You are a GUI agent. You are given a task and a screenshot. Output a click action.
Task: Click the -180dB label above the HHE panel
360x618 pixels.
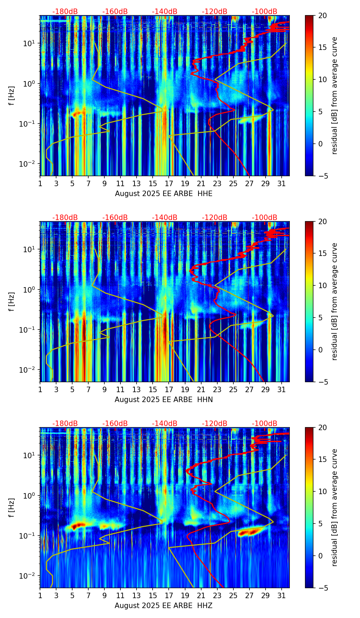pyautogui.click(x=65, y=12)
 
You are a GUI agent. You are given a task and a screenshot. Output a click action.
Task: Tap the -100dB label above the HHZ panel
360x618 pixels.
pyautogui.click(x=265, y=424)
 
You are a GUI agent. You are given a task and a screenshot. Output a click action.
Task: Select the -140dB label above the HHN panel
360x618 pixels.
pyautogui.click(x=165, y=218)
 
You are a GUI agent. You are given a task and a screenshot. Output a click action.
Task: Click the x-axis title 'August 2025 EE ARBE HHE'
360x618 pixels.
pyautogui.click(x=164, y=194)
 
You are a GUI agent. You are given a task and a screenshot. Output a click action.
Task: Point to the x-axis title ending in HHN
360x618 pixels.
pyautogui.click(x=164, y=400)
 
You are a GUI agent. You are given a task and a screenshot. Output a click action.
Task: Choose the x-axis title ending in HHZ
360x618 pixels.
pyautogui.click(x=164, y=606)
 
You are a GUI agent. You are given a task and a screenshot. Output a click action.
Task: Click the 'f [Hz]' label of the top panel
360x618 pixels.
pyautogui.click(x=12, y=95)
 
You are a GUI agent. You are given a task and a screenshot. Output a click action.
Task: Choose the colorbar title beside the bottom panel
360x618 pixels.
pyautogui.click(x=335, y=507)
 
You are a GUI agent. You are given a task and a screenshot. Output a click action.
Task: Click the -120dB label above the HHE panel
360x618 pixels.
pyautogui.click(x=215, y=12)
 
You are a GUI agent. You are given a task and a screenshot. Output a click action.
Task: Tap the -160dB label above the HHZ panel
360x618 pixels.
pyautogui.click(x=115, y=424)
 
